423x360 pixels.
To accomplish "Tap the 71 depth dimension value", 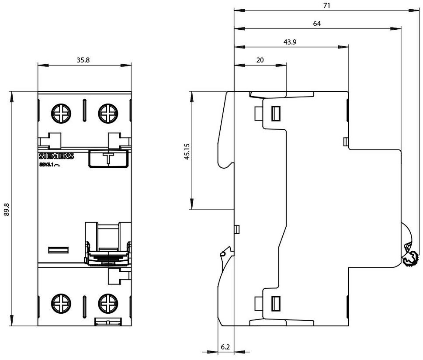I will pyautogui.click(x=326, y=6).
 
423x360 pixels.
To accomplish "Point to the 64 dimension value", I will pyautogui.click(x=317, y=24).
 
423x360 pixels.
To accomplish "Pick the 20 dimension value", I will pyautogui.click(x=260, y=60).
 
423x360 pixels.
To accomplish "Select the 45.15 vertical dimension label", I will pyautogui.click(x=187, y=151).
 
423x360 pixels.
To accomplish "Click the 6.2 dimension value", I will pyautogui.click(x=225, y=347).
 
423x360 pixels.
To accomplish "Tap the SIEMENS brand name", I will pyautogui.click(x=56, y=156).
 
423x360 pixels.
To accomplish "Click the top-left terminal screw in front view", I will pyautogui.click(x=60, y=114).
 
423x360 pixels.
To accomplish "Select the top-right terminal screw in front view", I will pyautogui.click(x=107, y=114).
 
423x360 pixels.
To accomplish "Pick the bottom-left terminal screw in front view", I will pyautogui.click(x=60, y=303).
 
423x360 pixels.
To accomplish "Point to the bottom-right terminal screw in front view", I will pyautogui.click(x=107, y=303).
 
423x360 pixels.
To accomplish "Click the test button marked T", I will pyautogui.click(x=108, y=158).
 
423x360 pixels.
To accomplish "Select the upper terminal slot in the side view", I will pyautogui.click(x=276, y=113).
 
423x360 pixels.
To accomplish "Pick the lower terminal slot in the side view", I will pyautogui.click(x=276, y=303).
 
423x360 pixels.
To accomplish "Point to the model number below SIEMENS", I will pyautogui.click(x=51, y=165).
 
